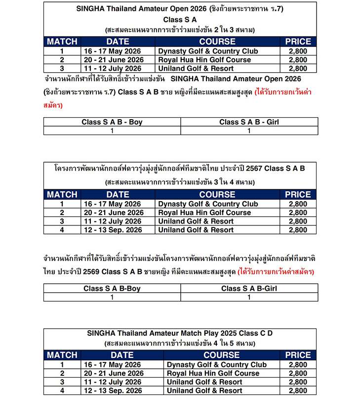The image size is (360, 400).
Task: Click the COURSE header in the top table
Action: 217,42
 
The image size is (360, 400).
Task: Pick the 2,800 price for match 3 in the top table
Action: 298,69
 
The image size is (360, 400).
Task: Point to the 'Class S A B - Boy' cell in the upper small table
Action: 112,122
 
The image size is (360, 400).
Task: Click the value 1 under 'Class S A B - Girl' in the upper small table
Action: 249,131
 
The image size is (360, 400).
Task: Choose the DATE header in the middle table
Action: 118,194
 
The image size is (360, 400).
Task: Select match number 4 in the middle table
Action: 62,230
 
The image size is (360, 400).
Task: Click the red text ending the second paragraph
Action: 276,272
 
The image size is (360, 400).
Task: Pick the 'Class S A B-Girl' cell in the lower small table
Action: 249,288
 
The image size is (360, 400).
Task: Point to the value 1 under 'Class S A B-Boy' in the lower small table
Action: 112,297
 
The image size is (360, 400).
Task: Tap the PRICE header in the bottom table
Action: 298,355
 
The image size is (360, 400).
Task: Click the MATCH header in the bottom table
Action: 62,355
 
